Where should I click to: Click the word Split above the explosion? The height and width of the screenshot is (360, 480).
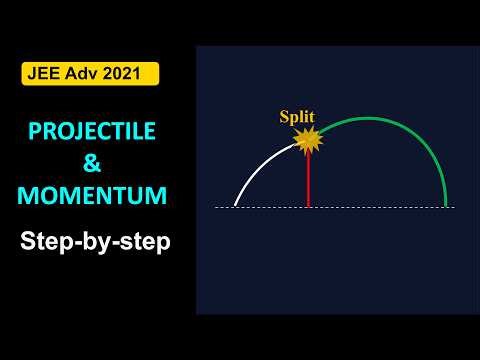(296, 117)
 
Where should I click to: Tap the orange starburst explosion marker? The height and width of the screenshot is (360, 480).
(308, 140)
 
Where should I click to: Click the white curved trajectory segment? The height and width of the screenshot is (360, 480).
(262, 166)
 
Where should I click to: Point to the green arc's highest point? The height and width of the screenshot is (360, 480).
(370, 118)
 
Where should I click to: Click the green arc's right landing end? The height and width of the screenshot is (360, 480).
(446, 206)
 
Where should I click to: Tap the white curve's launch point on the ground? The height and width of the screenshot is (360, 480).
(235, 206)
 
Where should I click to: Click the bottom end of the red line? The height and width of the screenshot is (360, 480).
(308, 206)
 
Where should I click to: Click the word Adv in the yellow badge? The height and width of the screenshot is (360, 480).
(84, 74)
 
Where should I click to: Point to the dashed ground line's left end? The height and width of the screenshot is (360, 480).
(216, 207)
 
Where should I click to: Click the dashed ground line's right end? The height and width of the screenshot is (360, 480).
(454, 207)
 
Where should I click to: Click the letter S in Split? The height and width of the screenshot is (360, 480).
(282, 117)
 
